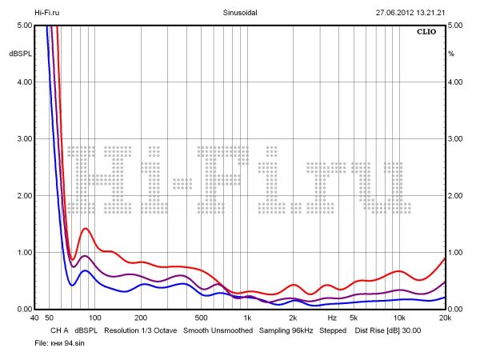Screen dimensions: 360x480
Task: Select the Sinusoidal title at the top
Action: (x=239, y=13)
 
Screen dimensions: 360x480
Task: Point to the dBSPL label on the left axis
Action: (x=19, y=54)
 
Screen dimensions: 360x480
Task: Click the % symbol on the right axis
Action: (x=451, y=54)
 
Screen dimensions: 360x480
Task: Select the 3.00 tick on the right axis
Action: (x=456, y=139)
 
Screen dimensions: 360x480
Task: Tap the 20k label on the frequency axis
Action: (x=445, y=318)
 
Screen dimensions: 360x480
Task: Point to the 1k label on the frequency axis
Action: (x=248, y=318)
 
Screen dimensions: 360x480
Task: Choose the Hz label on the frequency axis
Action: (x=331, y=318)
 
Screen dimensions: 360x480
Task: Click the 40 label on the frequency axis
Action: (x=34, y=318)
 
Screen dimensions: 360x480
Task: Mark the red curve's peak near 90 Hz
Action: (x=85, y=229)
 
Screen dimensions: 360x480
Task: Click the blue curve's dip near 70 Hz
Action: (x=71, y=285)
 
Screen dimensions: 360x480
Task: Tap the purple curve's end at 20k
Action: (x=445, y=282)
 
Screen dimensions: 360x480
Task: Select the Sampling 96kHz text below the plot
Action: (x=286, y=330)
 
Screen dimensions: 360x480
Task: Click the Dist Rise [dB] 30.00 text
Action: (x=387, y=330)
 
